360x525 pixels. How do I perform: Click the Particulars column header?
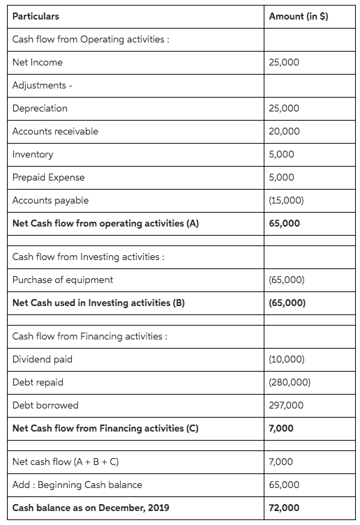click(x=36, y=16)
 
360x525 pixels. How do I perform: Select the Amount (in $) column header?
click(x=298, y=16)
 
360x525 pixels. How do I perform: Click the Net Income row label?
click(x=38, y=63)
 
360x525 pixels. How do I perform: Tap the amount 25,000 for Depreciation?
click(x=284, y=109)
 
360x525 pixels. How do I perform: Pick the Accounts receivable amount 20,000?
click(x=284, y=132)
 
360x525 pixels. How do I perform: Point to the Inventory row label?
click(x=33, y=155)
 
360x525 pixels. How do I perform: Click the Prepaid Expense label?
click(x=47, y=178)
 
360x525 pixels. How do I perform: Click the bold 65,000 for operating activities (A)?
click(x=284, y=224)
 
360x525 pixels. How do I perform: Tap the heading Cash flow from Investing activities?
click(x=89, y=257)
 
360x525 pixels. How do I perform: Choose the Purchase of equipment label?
click(x=63, y=280)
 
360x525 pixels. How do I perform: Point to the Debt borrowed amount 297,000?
click(x=286, y=406)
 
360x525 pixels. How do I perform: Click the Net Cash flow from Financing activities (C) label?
click(x=105, y=429)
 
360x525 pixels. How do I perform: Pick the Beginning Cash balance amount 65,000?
click(x=284, y=485)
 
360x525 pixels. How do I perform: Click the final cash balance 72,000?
click(x=284, y=508)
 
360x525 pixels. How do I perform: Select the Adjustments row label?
click(x=43, y=86)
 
